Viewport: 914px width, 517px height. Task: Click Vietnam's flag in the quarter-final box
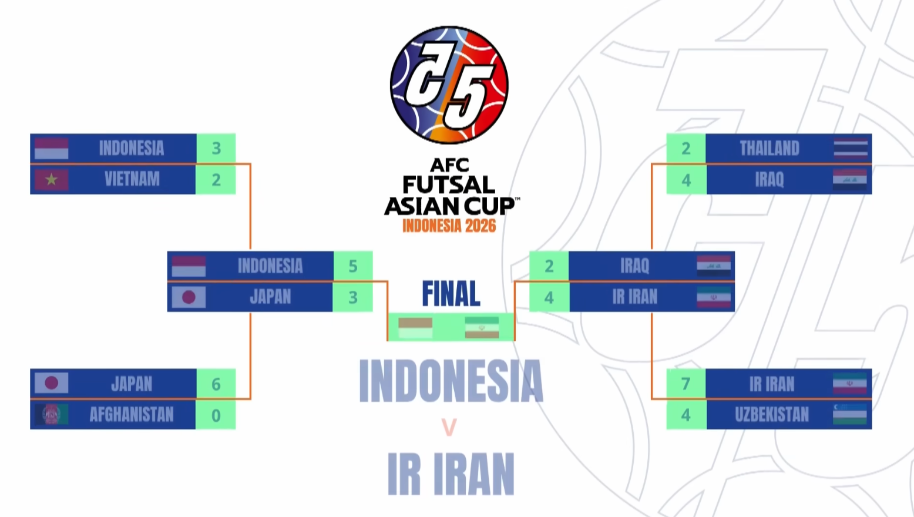click(52, 180)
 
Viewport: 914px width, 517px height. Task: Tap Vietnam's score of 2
click(216, 180)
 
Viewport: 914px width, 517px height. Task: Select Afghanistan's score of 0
click(216, 415)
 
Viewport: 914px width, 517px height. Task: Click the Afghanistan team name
click(132, 415)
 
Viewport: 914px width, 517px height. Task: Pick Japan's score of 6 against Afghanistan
click(216, 384)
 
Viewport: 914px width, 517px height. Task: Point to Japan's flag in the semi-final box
click(189, 297)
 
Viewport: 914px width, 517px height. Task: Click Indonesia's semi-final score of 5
click(353, 266)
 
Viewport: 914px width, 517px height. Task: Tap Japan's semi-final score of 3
click(353, 297)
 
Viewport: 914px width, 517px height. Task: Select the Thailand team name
click(769, 149)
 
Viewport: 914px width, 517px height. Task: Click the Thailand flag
click(850, 149)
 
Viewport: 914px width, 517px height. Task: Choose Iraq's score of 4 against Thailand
click(686, 180)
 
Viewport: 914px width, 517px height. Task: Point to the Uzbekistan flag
click(850, 415)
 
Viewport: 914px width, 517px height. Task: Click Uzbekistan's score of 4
click(686, 415)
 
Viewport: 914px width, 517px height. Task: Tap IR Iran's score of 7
click(686, 384)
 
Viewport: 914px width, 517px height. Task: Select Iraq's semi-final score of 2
click(549, 266)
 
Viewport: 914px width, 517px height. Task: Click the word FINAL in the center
click(451, 294)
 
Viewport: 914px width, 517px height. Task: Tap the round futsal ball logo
click(449, 85)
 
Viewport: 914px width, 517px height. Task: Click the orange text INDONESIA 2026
click(449, 226)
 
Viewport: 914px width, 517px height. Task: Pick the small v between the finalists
click(449, 427)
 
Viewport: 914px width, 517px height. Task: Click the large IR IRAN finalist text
click(451, 474)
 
